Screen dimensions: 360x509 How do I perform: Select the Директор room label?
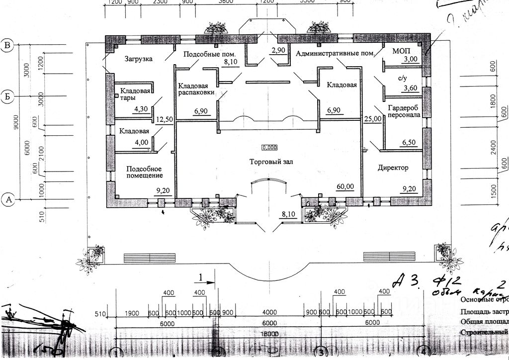pos(393,168)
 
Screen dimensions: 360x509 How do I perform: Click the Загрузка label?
pos(138,59)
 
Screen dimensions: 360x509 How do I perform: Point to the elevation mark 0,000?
pos(270,147)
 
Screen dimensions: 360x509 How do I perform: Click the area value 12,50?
pos(164,120)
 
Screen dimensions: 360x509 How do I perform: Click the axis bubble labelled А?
pos(8,200)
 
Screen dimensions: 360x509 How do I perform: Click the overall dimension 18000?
pos(269,335)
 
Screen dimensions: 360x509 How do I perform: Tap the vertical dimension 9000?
pos(15,122)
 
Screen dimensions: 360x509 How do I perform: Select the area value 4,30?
pos(142,109)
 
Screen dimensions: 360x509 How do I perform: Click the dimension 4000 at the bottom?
pos(269,312)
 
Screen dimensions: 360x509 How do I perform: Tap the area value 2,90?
pos(278,51)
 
